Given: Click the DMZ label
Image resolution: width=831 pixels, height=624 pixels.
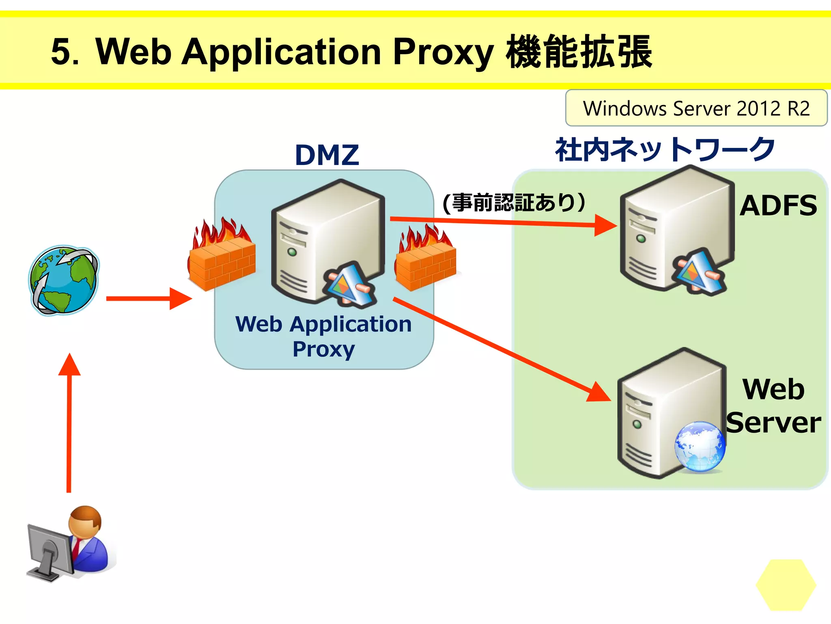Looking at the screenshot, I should coord(327,155).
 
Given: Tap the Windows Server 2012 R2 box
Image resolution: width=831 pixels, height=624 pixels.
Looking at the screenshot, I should coord(696,108).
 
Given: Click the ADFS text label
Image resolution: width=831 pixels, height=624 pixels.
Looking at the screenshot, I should coord(778,206).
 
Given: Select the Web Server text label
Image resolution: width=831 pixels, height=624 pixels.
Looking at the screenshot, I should coord(773,406).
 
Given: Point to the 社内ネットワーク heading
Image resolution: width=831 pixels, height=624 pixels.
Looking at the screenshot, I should coord(665,149).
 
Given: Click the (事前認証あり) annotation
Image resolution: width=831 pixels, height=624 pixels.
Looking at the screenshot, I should coord(514,202).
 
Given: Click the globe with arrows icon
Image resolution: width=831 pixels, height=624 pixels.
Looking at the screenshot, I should coord(64,280).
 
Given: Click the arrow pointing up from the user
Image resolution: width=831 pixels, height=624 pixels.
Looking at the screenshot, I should coord(69,422).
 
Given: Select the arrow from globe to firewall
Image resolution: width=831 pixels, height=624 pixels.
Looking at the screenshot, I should coord(148,299).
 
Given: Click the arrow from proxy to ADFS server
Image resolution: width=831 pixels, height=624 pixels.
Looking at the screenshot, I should coord(503,222).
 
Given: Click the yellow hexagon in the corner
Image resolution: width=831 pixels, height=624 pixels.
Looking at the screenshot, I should coord(786,585).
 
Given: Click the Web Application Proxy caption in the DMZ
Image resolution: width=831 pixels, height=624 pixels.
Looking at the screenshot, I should coord(323,336).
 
